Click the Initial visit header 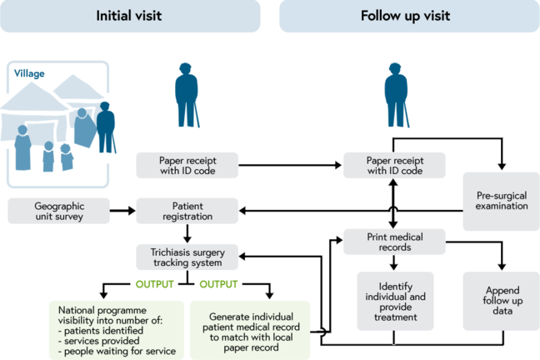coord(130,16)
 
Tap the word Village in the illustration coord(29,72)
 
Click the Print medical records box coord(393,241)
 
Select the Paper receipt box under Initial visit coord(187,164)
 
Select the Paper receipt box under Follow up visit coord(393,164)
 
